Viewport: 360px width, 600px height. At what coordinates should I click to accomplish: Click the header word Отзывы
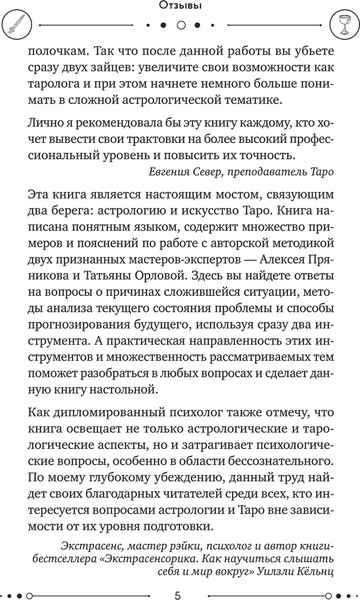180,7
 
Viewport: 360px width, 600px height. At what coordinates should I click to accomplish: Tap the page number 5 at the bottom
180,585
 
